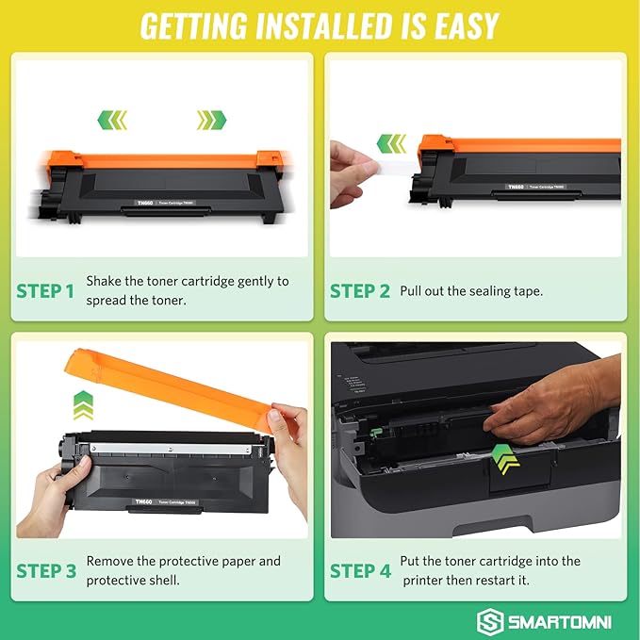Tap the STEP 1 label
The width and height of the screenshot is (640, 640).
point(45,291)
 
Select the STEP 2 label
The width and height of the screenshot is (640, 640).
point(359,291)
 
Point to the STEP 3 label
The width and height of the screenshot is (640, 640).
point(45,570)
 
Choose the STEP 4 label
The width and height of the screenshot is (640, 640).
point(359,570)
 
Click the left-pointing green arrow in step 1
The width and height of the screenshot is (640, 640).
point(113,120)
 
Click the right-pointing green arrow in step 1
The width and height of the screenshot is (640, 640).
point(212,120)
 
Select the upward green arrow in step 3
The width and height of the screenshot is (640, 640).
point(83,406)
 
